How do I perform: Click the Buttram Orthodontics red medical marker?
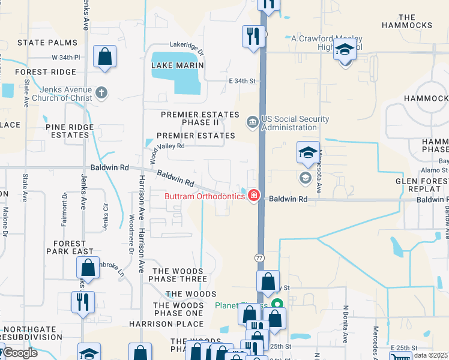(254, 196)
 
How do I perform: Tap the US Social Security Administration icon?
(252, 123)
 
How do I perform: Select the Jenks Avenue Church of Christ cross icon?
(101, 93)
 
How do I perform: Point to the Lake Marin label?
(178, 65)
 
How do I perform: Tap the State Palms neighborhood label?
(47, 43)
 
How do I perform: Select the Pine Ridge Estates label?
(70, 131)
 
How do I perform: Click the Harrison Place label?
(158, 324)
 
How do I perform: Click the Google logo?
(20, 353)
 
